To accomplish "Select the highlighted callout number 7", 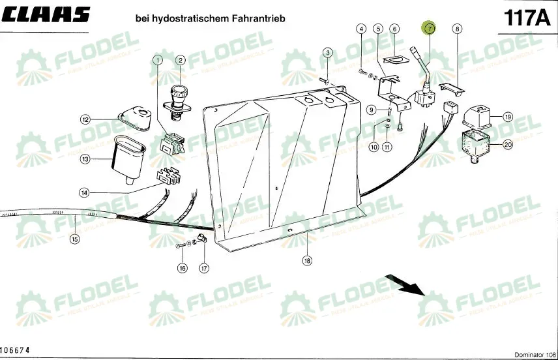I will (429, 29).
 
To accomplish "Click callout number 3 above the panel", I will (328, 52).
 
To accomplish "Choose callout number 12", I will (85, 119).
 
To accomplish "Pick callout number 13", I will (85, 158).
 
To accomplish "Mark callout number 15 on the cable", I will (75, 239).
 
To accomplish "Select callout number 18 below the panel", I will (307, 260).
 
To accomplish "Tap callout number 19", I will (508, 117).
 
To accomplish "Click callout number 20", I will (508, 145).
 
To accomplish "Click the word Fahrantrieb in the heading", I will (259, 18).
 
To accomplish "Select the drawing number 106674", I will (14, 351).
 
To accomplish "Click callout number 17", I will (204, 267).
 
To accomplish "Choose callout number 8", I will (457, 29).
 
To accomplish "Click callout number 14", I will (85, 192).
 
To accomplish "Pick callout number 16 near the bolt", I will (183, 267).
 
